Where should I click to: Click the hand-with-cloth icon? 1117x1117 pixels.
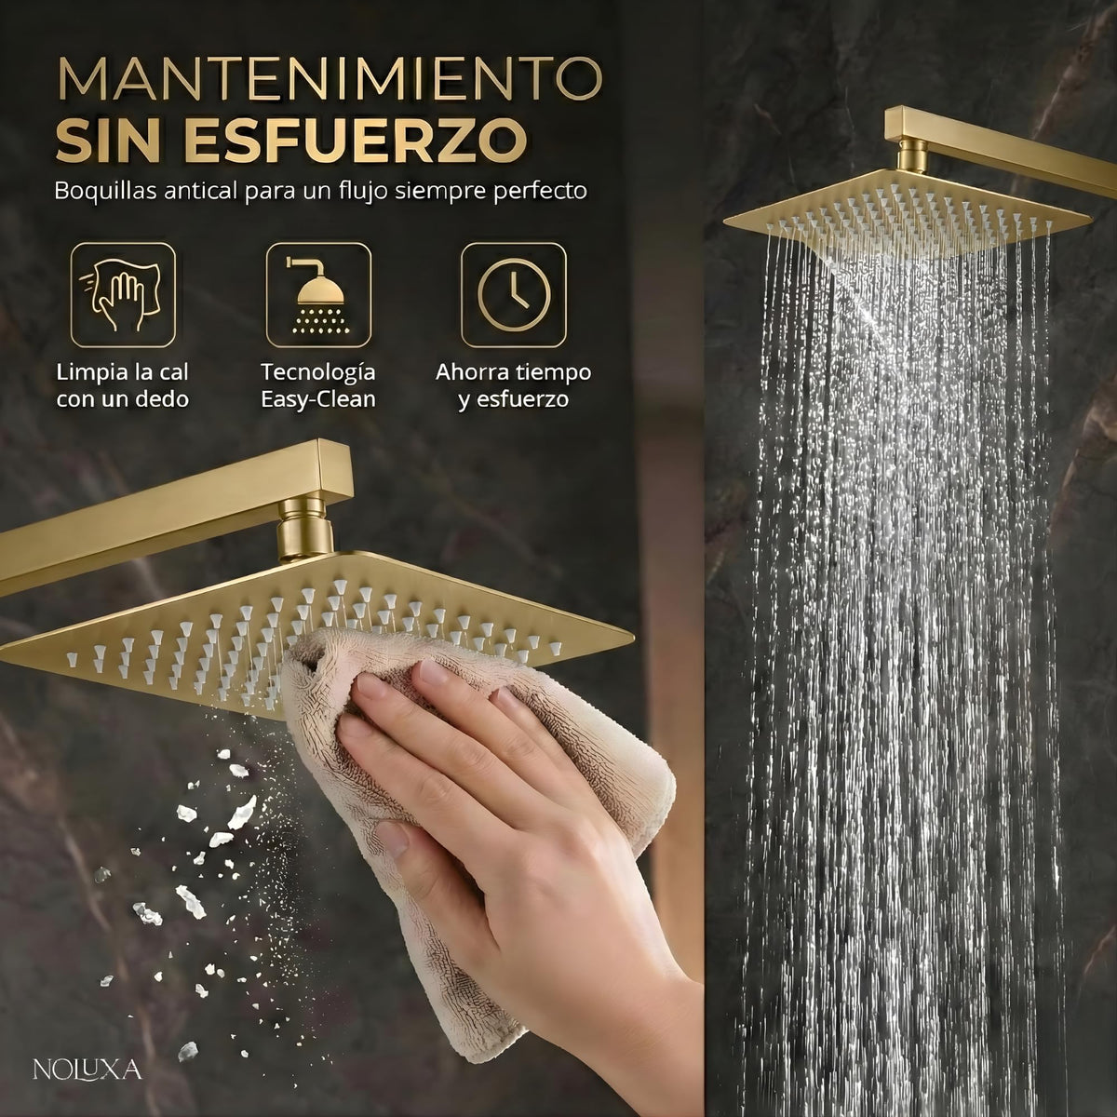pos(123,295)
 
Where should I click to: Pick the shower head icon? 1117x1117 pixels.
pos(318,295)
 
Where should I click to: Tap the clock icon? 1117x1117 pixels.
pos(514,295)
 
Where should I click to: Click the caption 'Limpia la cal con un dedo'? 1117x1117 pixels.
pos(123,385)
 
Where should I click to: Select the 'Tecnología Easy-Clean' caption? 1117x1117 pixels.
pos(318,385)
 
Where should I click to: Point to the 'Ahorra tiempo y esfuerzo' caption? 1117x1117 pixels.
pos(514,385)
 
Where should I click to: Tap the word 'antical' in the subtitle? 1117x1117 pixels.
pos(201,191)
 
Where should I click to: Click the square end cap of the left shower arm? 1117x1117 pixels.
pos(334,470)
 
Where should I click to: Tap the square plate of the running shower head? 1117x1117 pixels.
pos(906,223)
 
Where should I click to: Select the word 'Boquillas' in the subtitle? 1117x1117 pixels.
pos(105,192)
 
